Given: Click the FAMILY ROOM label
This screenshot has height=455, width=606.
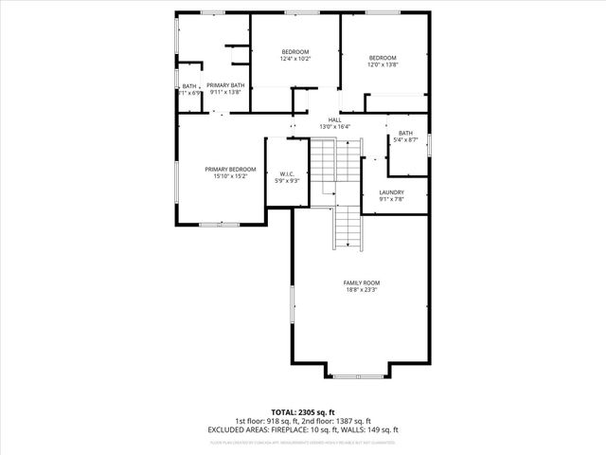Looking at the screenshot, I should point(361,282).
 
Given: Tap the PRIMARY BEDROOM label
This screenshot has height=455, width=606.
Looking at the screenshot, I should point(230,169).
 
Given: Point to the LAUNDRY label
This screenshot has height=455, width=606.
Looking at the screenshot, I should point(391,191).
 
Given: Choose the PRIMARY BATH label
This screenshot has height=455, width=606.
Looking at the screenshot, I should point(225,85).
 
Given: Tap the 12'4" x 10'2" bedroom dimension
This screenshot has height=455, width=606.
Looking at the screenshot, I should point(294,59).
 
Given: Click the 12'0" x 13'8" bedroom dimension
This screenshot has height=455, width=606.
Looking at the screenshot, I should point(383,64).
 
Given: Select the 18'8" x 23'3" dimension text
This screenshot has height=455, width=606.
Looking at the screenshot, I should point(361,290).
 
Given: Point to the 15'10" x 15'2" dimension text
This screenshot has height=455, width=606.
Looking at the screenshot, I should point(230,176).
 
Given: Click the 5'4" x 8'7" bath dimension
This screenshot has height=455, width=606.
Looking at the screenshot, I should point(405,140).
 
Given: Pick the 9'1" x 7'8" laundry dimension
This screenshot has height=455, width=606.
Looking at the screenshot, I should point(391,199).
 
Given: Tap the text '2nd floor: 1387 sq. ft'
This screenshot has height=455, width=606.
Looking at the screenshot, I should point(336,421).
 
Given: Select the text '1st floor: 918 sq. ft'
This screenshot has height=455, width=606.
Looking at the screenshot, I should point(267,421).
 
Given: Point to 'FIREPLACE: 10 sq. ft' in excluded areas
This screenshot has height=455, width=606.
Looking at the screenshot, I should point(302,429).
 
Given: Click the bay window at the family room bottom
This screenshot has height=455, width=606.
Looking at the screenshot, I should point(360,375).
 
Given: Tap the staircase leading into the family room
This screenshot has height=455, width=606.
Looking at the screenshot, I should point(348,227).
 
